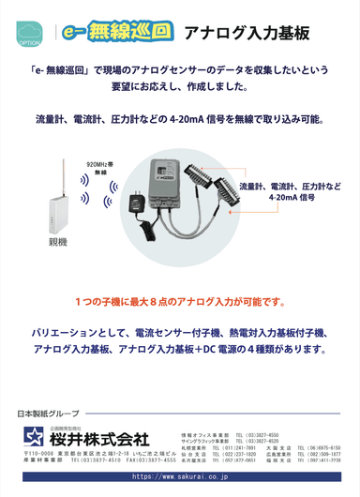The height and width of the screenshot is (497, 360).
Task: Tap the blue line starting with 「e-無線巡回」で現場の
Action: (x=179, y=69)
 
